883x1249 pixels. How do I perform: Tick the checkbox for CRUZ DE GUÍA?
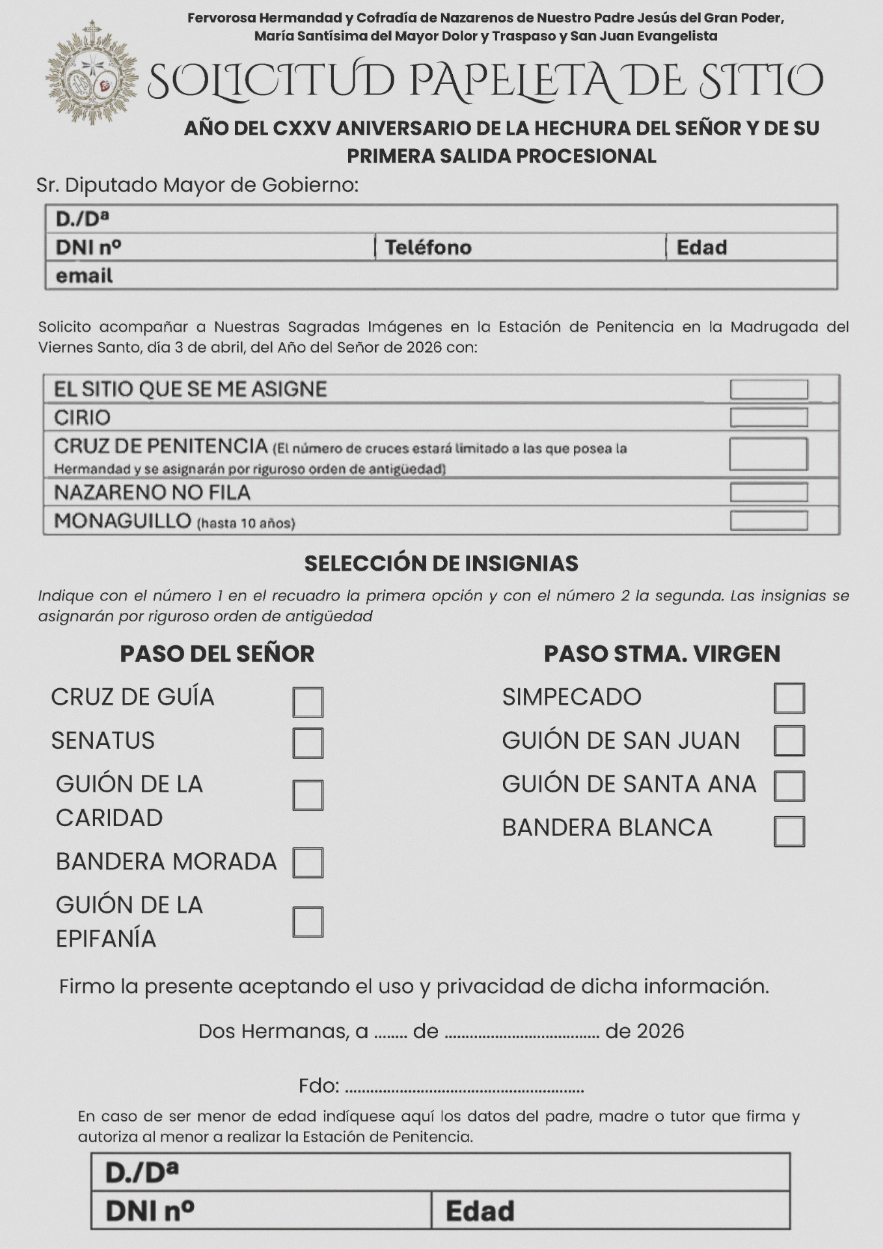click(308, 702)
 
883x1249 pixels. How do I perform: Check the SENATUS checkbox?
click(308, 743)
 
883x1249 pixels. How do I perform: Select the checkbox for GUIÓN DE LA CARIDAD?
click(308, 795)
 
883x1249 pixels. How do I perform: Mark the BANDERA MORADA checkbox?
click(308, 863)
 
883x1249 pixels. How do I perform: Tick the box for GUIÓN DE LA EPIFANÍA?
click(308, 922)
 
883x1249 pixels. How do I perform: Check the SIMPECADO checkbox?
click(789, 698)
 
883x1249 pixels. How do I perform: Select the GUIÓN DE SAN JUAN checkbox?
click(789, 740)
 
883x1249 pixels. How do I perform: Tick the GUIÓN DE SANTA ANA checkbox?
click(789, 786)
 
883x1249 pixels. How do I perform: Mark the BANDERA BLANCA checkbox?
click(789, 831)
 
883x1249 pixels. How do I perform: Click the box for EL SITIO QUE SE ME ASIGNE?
click(768, 390)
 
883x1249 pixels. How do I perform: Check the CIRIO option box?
click(768, 417)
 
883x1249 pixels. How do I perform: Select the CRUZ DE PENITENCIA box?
click(768, 453)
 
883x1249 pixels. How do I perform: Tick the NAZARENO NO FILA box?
click(768, 492)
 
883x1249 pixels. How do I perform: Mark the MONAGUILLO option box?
click(768, 520)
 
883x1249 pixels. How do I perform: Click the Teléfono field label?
click(428, 247)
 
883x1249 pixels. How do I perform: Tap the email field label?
click(85, 276)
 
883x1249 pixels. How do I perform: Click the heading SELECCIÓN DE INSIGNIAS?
click(441, 563)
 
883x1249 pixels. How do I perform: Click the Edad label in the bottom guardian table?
click(480, 1211)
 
